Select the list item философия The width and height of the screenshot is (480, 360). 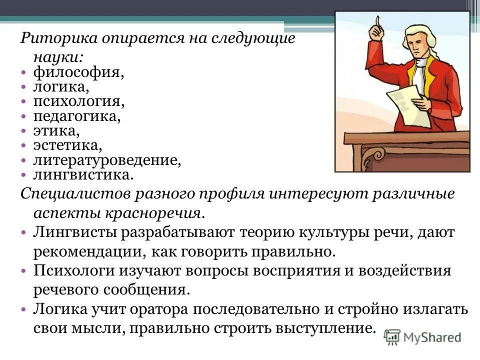click(x=78, y=72)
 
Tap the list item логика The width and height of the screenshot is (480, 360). click(x=61, y=87)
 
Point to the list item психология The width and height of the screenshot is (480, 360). click(x=78, y=102)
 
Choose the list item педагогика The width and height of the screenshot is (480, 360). click(x=77, y=116)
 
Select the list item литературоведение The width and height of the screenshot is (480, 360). click(x=106, y=160)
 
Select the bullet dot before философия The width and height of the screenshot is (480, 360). click(x=24, y=73)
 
